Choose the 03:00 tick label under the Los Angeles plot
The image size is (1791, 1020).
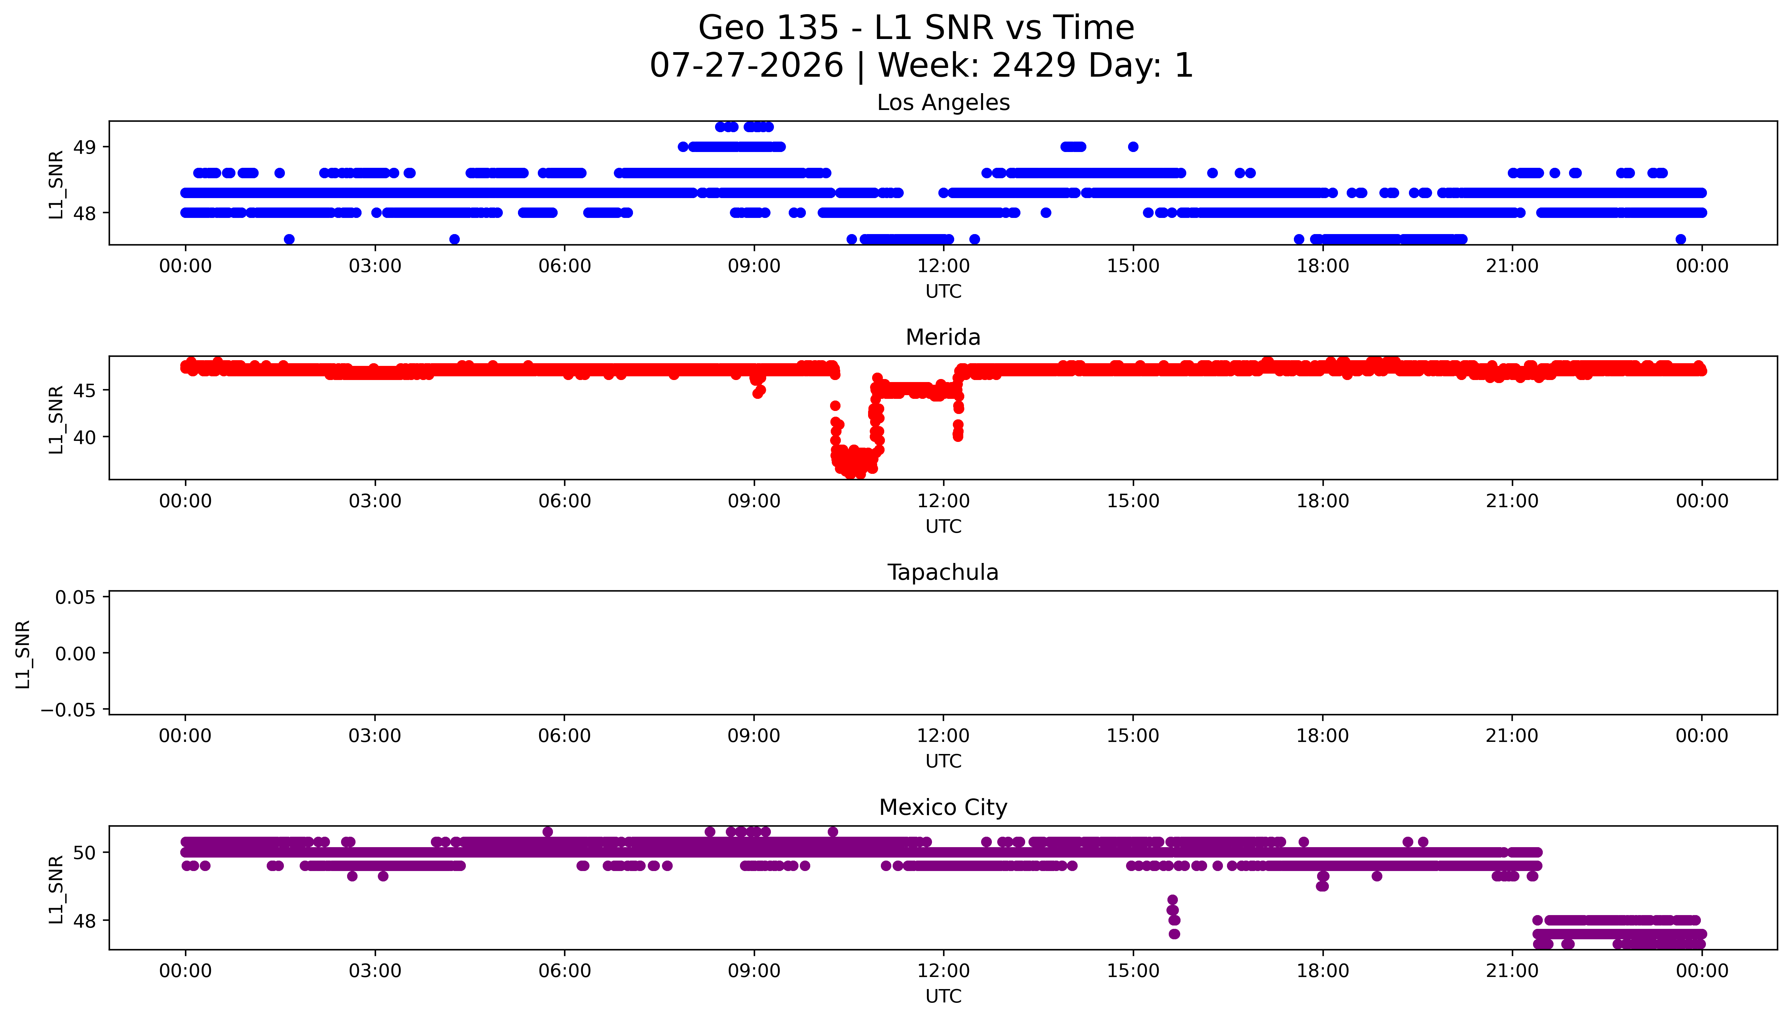click(x=375, y=266)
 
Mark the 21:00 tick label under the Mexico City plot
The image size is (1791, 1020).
click(x=1512, y=971)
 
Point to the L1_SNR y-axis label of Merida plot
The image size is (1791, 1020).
click(x=56, y=419)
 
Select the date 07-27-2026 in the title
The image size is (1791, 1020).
click(x=747, y=65)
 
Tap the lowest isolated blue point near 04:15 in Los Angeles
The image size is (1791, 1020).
click(x=454, y=239)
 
